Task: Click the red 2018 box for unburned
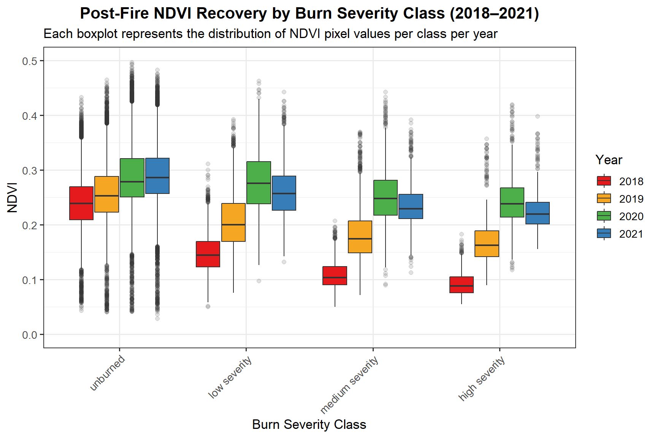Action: coord(81,203)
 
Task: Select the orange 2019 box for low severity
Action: coord(233,222)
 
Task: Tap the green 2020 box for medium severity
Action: coord(386,198)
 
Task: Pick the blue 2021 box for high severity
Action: coord(538,213)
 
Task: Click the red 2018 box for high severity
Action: coord(462,285)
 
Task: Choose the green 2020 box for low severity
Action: coord(259,182)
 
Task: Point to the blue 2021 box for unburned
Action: coord(157,176)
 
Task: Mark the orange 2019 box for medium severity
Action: coord(360,237)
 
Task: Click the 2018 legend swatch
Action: coord(604,181)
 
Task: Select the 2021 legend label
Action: coord(631,234)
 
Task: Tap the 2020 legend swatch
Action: coord(604,216)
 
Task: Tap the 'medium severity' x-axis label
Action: coord(349,384)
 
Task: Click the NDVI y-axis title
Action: coord(13,197)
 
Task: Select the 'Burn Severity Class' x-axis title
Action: coord(309,424)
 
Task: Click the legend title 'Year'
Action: coord(609,160)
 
